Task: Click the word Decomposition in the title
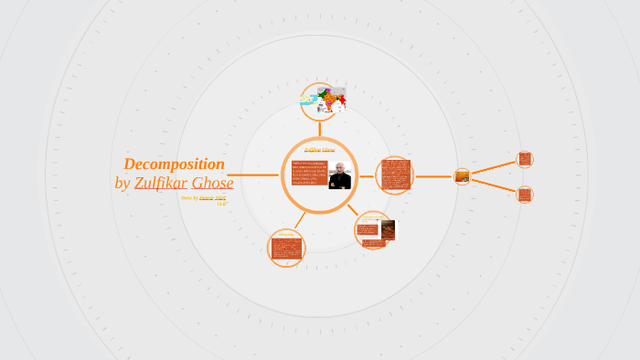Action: tap(174, 164)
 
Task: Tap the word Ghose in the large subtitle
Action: tap(212, 183)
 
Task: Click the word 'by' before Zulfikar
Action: tap(123, 183)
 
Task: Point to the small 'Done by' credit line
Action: tap(189, 197)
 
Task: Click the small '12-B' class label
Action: tap(221, 203)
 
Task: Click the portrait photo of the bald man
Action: tap(340, 175)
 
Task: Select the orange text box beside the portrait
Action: tap(309, 174)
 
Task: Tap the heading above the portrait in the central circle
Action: tap(319, 149)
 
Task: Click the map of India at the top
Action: tap(324, 101)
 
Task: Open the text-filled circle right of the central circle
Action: tap(395, 175)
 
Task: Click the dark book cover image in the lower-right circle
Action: tap(388, 229)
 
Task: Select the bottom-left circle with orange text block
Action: tap(286, 248)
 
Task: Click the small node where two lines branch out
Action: tap(463, 175)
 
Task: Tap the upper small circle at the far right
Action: tap(525, 159)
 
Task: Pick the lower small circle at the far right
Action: tap(525, 194)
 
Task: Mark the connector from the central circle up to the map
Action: tap(320, 128)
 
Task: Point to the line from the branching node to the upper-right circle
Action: tap(494, 167)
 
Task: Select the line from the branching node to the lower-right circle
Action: tap(494, 185)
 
